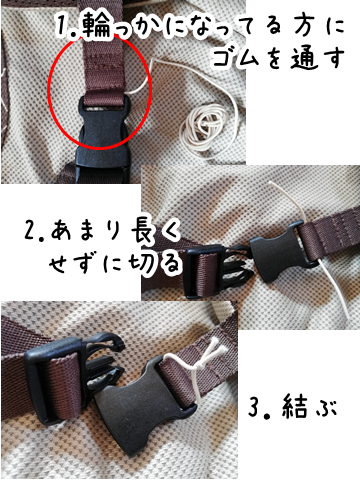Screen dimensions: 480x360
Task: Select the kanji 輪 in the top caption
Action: [96, 24]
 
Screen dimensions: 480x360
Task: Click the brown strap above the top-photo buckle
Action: [104, 60]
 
